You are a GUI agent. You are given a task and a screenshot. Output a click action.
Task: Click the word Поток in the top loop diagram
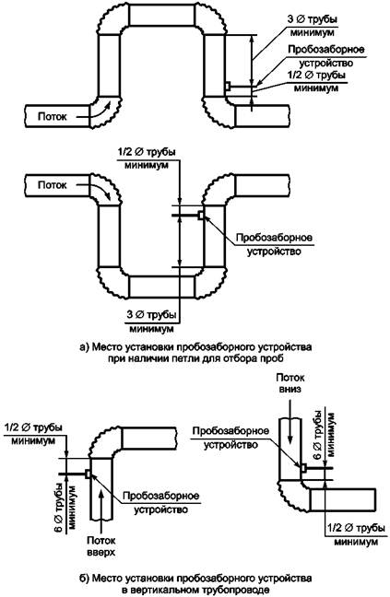pyautogui.click(x=52, y=116)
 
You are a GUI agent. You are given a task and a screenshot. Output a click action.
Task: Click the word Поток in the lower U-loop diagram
pyautogui.click(x=52, y=185)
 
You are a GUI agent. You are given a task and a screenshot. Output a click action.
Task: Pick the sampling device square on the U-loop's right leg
pyautogui.click(x=201, y=216)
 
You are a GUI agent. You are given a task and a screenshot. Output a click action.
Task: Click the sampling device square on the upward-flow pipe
pyautogui.click(x=88, y=474)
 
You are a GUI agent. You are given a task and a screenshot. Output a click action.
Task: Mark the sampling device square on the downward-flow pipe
pyautogui.click(x=303, y=467)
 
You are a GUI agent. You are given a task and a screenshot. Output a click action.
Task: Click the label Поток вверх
pyautogui.click(x=101, y=546)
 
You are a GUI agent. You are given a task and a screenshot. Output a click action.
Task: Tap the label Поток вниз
pyautogui.click(x=290, y=384)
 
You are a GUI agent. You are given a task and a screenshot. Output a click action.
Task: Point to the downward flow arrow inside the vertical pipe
pyautogui.click(x=290, y=424)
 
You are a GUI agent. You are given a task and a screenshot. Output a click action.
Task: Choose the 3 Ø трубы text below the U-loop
pyautogui.click(x=151, y=315)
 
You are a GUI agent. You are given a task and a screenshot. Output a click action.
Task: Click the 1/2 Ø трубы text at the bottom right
pyautogui.click(x=357, y=529)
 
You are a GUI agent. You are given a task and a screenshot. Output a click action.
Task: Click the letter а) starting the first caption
pyautogui.click(x=84, y=347)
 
